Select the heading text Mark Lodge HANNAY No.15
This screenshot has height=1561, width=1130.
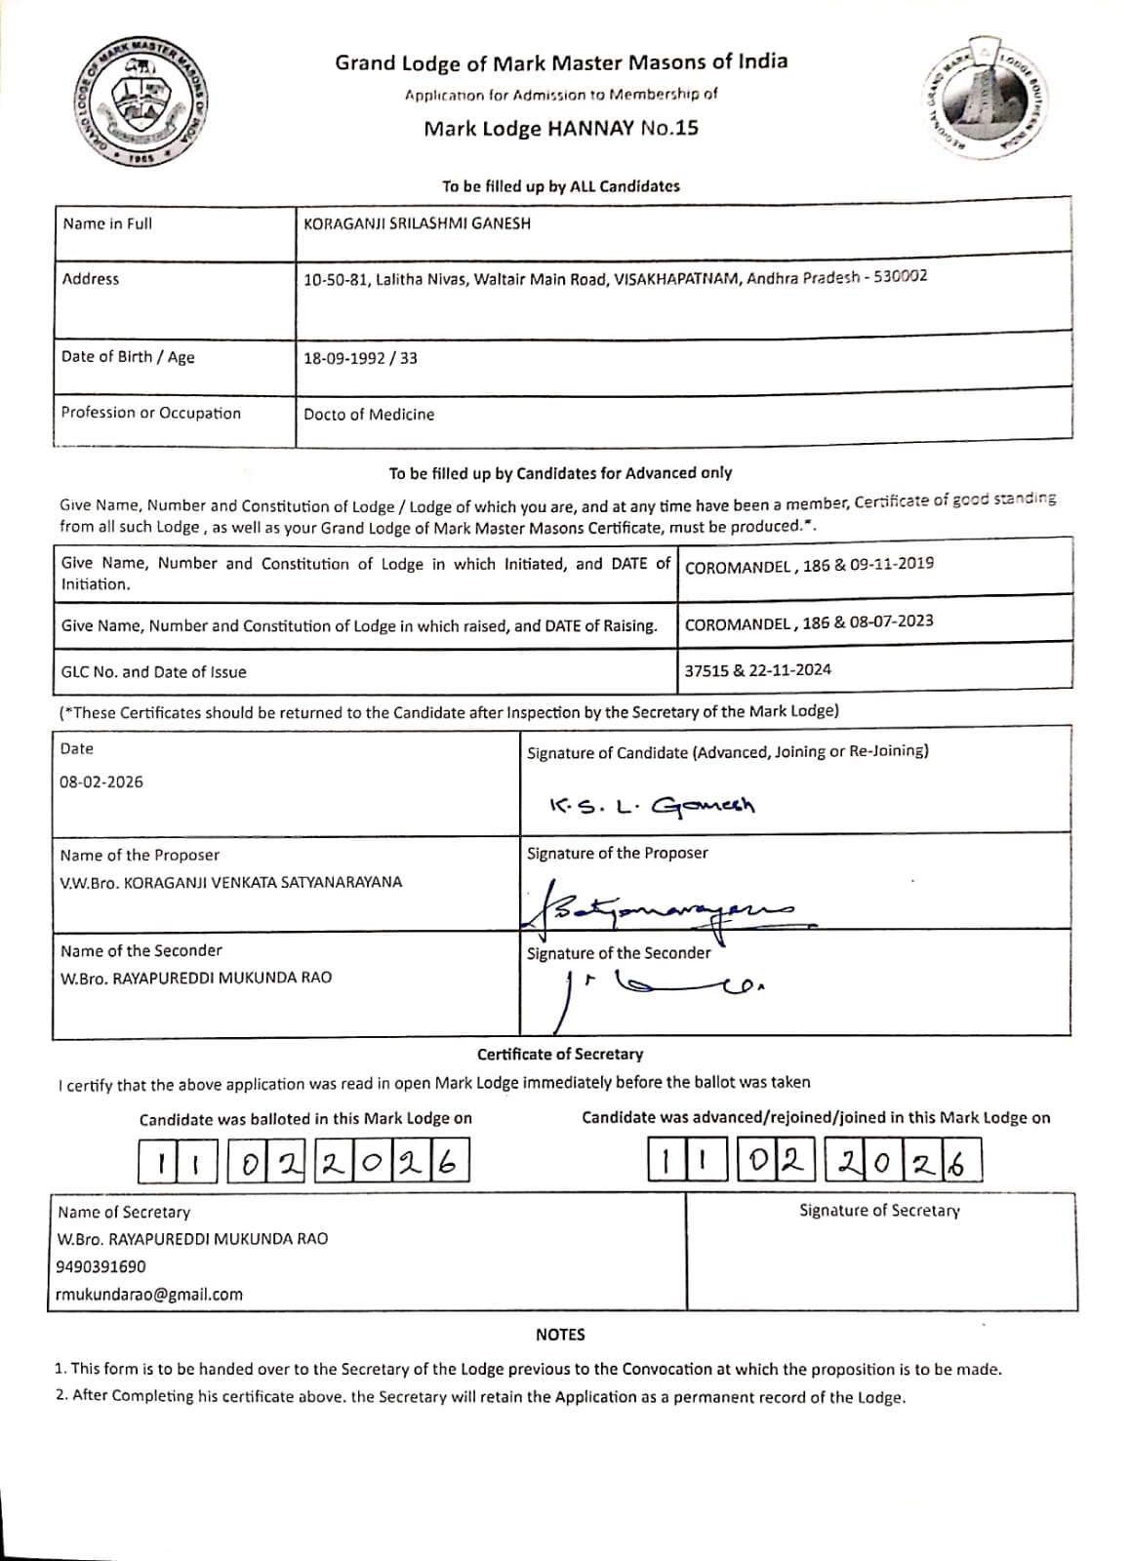click(x=561, y=128)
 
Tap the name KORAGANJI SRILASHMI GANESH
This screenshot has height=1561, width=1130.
click(x=418, y=223)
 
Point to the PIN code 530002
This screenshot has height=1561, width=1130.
click(x=901, y=276)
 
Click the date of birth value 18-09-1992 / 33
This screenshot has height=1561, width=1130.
click(x=360, y=358)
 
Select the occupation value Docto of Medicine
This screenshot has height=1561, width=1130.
click(x=369, y=415)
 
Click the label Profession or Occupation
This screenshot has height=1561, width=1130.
click(x=150, y=413)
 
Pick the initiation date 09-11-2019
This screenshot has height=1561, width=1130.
click(x=892, y=564)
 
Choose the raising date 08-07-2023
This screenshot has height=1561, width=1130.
click(x=891, y=621)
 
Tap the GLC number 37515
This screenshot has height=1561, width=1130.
click(x=705, y=670)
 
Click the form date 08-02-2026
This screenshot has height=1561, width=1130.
click(x=101, y=781)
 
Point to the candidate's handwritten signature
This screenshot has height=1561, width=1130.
click(x=652, y=806)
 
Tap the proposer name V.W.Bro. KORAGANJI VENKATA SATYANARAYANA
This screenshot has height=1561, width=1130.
click(x=231, y=882)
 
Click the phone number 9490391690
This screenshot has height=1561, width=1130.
click(x=101, y=1266)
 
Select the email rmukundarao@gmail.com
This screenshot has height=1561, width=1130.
click(x=150, y=1295)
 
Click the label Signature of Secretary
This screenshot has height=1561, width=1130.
click(x=879, y=1211)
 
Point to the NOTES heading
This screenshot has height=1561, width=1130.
click(x=560, y=1334)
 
